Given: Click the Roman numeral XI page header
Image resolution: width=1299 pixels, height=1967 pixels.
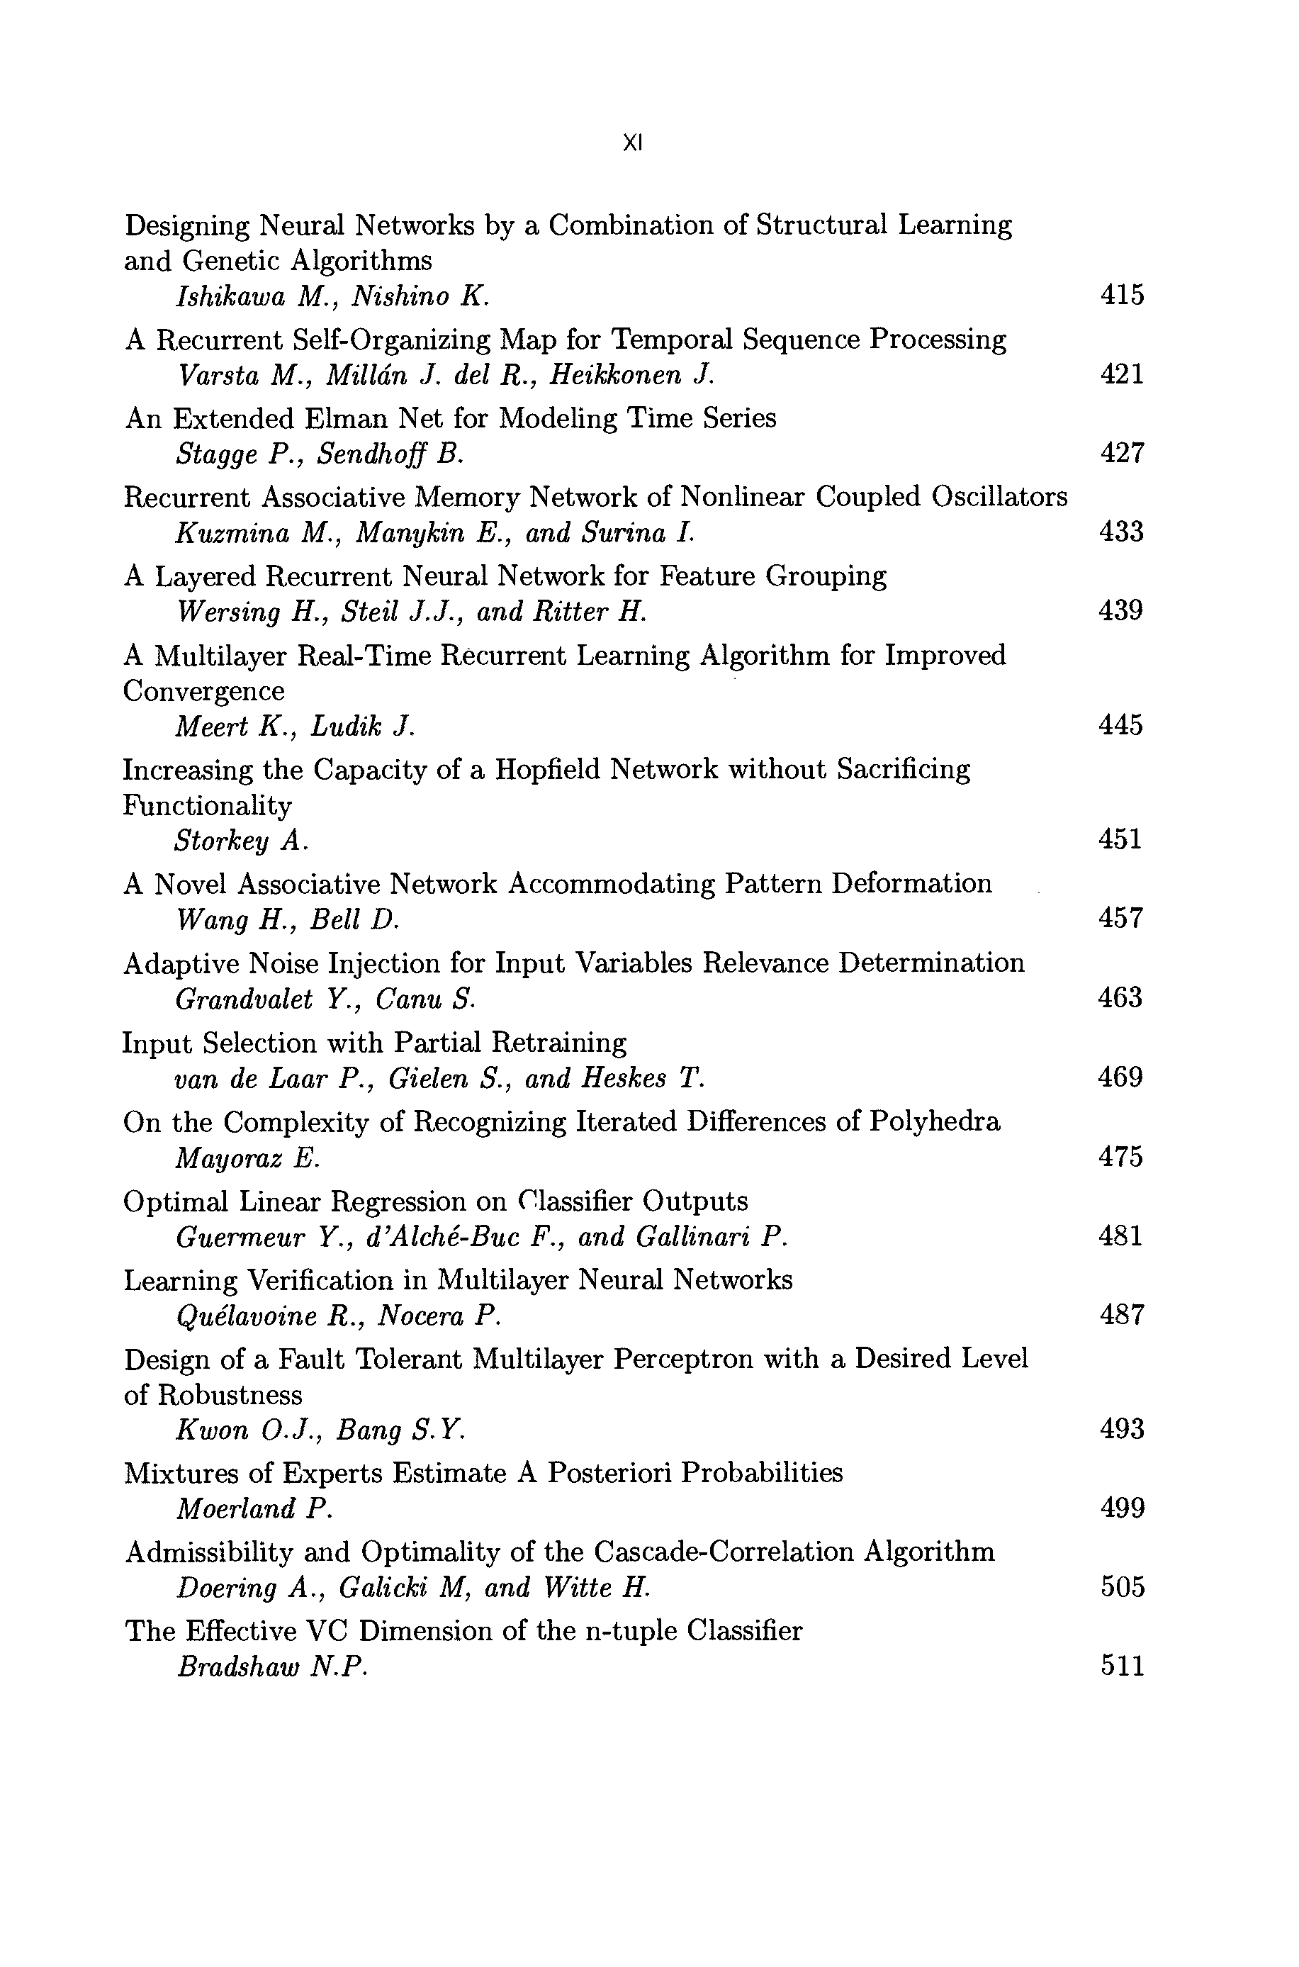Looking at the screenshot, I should point(632,143).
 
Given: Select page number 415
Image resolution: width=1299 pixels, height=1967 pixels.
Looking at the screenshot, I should point(1122,295).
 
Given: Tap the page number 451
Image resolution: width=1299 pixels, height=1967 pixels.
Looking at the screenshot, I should point(1120,839).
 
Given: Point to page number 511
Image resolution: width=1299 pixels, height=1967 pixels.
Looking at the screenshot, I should point(1123,1666).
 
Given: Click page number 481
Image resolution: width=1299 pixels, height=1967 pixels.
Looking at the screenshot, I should point(1121,1235).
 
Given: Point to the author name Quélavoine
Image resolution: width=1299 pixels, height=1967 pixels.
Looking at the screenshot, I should point(247,1316).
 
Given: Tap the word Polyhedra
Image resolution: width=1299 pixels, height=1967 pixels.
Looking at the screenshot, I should point(935,1122).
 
